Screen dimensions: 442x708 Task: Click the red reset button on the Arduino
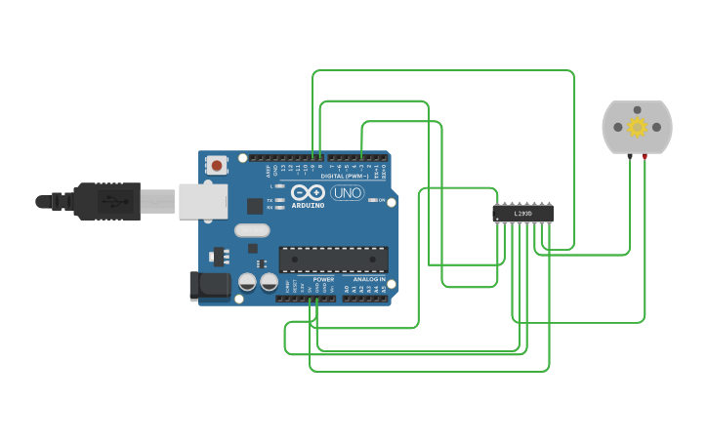coord(216,165)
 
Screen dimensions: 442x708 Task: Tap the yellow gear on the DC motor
coord(638,127)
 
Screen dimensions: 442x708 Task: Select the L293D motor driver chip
coord(522,213)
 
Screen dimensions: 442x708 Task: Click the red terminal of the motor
coord(645,156)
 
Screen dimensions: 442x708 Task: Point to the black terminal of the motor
coord(630,156)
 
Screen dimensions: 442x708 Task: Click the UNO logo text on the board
coord(347,193)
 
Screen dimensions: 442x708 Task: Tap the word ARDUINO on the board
coord(308,206)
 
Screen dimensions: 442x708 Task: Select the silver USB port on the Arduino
coord(202,201)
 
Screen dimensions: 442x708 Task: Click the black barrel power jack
coord(209,285)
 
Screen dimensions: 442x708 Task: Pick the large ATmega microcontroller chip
coord(333,260)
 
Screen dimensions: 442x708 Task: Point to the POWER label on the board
coord(323,279)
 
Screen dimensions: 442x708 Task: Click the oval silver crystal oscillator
coord(251,231)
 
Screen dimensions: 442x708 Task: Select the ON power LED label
coord(382,200)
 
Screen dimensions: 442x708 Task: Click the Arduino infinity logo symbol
coord(308,193)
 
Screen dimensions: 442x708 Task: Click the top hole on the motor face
coord(638,109)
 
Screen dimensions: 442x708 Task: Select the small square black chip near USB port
coord(255,206)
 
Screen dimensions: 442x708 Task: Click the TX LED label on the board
coord(271,200)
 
